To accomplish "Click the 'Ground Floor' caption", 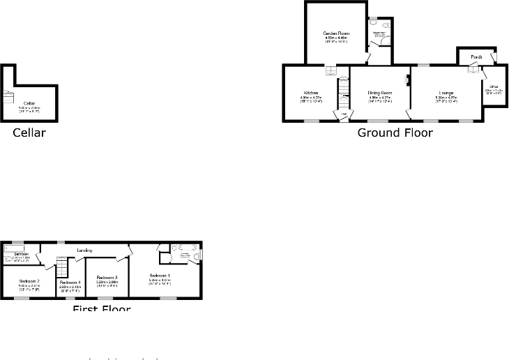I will pyautogui.click(x=395, y=133).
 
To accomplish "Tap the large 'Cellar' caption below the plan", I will pyautogui.click(x=29, y=133).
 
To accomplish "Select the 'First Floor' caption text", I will pyautogui.click(x=102, y=309).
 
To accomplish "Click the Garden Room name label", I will pyautogui.click(x=335, y=33).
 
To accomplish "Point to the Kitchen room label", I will pyautogui.click(x=310, y=93).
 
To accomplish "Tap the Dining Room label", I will pyautogui.click(x=380, y=93).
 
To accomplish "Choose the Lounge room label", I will pyautogui.click(x=446, y=93).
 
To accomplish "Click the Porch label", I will pyautogui.click(x=476, y=57).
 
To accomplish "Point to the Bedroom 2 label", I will pyautogui.click(x=29, y=280).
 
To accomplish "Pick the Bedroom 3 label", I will pyautogui.click(x=107, y=278).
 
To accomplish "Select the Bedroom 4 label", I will pyautogui.click(x=70, y=282).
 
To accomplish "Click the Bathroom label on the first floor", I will pyautogui.click(x=22, y=255).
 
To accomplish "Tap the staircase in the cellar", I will pyautogui.click(x=8, y=97).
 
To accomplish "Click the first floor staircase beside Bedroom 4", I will pyautogui.click(x=61, y=267).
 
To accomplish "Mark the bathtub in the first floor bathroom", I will pyautogui.click(x=13, y=248).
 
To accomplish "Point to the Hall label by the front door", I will pyautogui.click(x=343, y=115).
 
